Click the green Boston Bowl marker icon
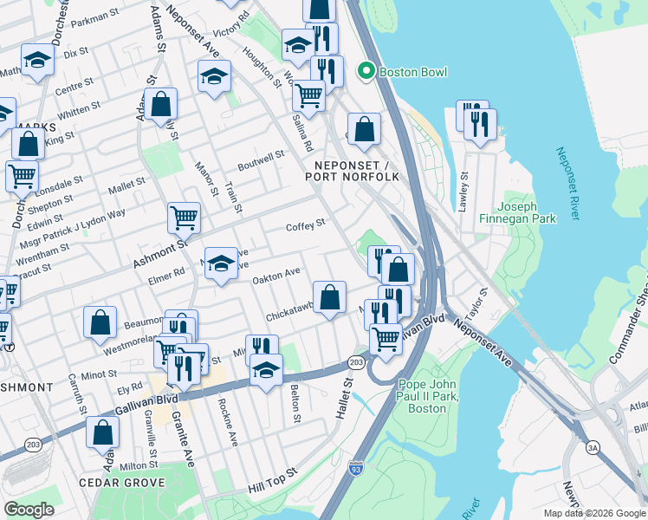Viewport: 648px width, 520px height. (366, 71)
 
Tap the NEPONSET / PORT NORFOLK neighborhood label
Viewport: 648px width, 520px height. (352, 171)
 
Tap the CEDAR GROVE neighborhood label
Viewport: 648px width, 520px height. (121, 482)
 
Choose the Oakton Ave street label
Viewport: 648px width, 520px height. (275, 276)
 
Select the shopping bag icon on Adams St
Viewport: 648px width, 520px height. (161, 105)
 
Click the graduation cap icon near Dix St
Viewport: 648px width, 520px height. (38, 60)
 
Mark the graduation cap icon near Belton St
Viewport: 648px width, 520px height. (266, 371)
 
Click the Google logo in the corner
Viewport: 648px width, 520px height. (29, 510)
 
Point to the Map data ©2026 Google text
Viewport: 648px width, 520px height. (593, 513)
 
